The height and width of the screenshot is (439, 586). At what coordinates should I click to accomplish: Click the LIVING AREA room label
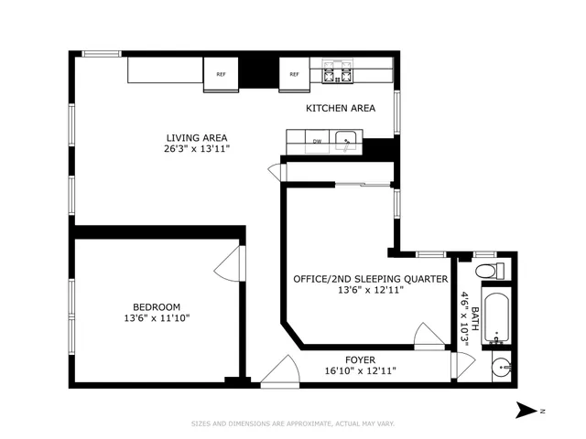pyautogui.click(x=196, y=138)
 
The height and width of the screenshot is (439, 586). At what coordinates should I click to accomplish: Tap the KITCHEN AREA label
pyautogui.click(x=341, y=108)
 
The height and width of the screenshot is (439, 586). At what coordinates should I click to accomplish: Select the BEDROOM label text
pyautogui.click(x=157, y=306)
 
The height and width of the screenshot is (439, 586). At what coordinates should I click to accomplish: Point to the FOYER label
pyautogui.click(x=362, y=359)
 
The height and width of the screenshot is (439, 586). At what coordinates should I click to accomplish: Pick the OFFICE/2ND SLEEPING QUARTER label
pyautogui.click(x=370, y=279)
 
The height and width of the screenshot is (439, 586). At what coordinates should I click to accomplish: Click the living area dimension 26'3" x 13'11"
pyautogui.click(x=196, y=149)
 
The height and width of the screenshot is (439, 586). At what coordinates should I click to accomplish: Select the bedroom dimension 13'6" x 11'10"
pyautogui.click(x=157, y=318)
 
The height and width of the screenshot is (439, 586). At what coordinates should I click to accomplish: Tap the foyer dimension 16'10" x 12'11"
pyautogui.click(x=362, y=371)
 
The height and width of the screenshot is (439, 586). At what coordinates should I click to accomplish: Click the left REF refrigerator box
pyautogui.click(x=221, y=75)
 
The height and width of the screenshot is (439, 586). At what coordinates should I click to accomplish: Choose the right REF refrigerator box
pyautogui.click(x=295, y=75)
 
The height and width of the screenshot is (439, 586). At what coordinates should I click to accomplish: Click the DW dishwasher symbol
pyautogui.click(x=317, y=142)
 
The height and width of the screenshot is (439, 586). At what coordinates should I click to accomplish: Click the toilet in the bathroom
pyautogui.click(x=493, y=271)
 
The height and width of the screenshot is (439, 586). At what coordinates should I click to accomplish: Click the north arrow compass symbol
pyautogui.click(x=528, y=410)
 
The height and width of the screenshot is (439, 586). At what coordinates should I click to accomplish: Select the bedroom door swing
pyautogui.click(x=226, y=265)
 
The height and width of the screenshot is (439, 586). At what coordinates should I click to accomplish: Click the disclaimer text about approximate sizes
pyautogui.click(x=293, y=423)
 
